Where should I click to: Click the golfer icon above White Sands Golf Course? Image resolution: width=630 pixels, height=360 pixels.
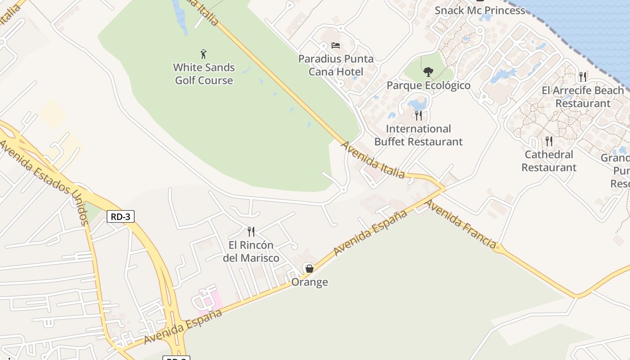203,54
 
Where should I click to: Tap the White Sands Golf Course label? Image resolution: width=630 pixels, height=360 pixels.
204,74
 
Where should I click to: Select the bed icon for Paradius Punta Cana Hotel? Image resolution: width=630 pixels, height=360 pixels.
336,45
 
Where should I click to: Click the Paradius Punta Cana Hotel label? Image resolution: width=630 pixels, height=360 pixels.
336,65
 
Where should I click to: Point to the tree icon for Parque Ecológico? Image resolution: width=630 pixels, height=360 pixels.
428,72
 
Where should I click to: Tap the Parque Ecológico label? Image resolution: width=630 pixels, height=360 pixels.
428,85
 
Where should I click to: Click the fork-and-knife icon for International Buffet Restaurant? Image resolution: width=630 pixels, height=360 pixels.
418,116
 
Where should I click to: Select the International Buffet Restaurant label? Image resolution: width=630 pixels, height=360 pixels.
418,135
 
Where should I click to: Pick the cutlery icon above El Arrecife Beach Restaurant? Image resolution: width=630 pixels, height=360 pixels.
583,77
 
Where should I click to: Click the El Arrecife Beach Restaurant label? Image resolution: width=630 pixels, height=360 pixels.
583,97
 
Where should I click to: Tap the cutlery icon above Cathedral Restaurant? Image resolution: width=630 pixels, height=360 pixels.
549,141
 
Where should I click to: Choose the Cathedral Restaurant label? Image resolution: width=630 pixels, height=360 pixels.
549,161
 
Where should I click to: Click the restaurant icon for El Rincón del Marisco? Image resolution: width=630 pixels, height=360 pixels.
251,232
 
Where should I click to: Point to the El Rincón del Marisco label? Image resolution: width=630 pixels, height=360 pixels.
251,252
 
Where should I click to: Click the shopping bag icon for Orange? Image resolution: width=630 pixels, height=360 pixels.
309,269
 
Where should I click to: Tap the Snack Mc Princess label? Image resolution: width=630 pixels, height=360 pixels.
480,10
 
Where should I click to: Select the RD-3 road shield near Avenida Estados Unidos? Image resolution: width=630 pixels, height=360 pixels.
121,216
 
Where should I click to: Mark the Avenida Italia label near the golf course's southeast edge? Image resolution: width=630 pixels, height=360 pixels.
373,160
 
